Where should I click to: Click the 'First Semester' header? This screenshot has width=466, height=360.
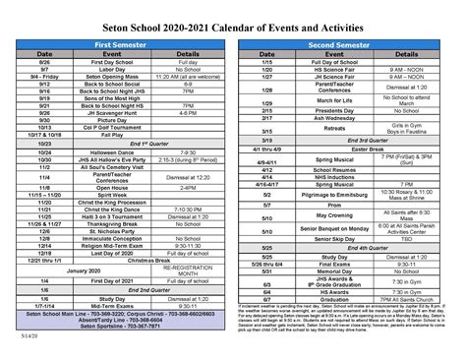118,44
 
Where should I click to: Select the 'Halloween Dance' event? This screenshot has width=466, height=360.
116,151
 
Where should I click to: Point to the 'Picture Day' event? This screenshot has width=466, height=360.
116,119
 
